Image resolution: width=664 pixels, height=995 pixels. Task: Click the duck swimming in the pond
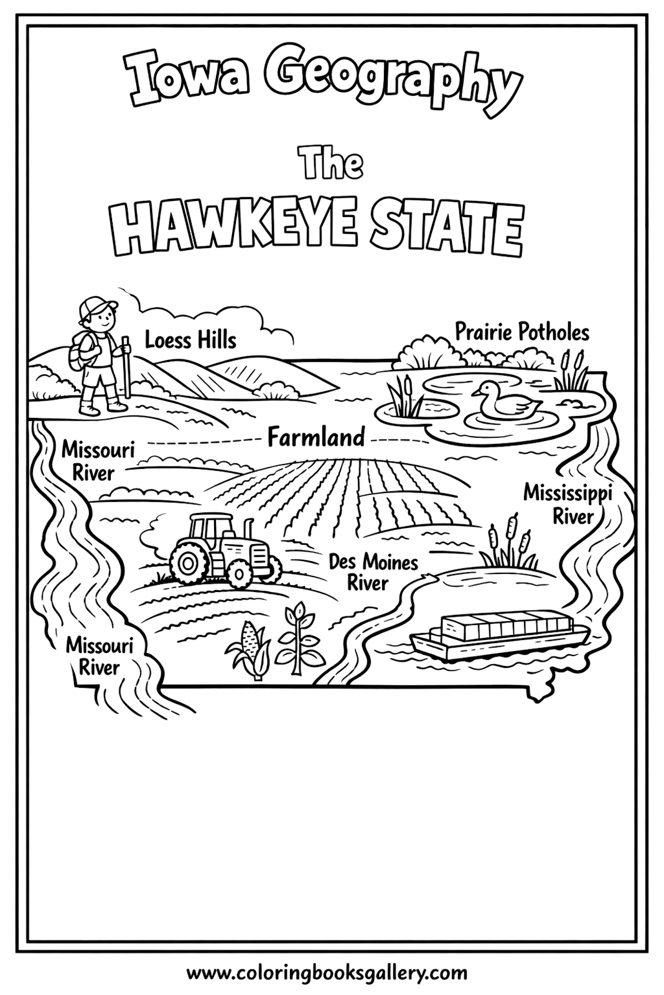tap(502, 400)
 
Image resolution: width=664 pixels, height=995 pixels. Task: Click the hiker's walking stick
tap(126, 367)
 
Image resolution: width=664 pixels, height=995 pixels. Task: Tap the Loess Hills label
tap(190, 340)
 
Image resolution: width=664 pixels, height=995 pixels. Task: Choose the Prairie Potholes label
tap(521, 331)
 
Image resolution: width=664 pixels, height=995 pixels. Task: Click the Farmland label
tap(316, 438)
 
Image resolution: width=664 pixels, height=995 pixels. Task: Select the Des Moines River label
tap(373, 572)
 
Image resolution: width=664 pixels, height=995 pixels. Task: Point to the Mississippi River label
tap(567, 503)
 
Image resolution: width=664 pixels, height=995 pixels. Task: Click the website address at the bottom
tap(331, 972)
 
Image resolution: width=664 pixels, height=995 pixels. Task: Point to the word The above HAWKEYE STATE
tap(331, 164)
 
